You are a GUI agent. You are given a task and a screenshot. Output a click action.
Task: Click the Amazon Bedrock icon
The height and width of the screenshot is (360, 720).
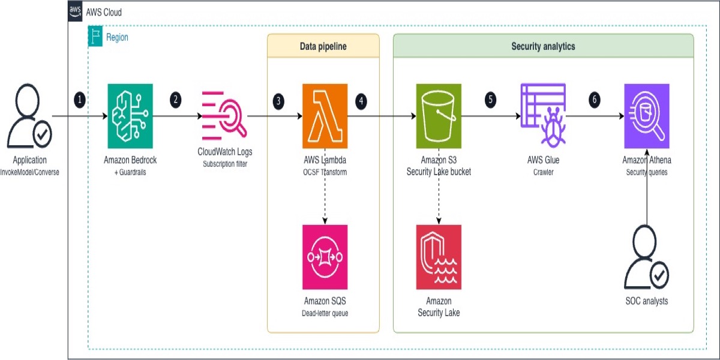(x=130, y=116)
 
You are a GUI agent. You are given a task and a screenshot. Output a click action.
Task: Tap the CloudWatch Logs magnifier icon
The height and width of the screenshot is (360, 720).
(x=224, y=116)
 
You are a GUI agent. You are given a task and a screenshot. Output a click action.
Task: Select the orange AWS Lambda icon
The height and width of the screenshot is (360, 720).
(x=325, y=116)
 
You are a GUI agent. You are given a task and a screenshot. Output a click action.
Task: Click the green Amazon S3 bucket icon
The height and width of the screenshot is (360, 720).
(x=439, y=116)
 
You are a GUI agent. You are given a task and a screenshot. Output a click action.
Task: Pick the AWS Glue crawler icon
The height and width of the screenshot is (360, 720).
(x=543, y=116)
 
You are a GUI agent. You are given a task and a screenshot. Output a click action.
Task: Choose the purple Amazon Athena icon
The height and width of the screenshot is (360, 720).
(x=647, y=116)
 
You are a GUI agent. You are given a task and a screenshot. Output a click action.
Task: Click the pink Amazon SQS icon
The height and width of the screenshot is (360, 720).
(x=325, y=257)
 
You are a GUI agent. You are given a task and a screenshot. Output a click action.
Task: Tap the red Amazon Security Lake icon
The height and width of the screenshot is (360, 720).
(x=439, y=257)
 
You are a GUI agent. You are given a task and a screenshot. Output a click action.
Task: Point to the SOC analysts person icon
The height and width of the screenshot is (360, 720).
(x=646, y=257)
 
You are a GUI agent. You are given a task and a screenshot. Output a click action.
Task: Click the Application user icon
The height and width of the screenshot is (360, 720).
(x=29, y=116)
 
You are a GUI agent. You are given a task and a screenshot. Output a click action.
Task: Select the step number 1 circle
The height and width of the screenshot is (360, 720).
(x=80, y=100)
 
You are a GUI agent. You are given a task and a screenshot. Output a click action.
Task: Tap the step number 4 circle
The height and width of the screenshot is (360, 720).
(x=361, y=101)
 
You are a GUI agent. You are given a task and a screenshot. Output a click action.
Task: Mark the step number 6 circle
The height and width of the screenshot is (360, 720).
(x=595, y=100)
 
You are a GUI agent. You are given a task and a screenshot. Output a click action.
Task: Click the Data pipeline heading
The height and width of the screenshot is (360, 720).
(x=323, y=46)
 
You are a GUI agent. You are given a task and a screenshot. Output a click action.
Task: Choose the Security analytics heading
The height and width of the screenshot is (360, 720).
(x=543, y=46)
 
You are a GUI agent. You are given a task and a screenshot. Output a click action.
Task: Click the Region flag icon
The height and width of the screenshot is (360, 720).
(x=95, y=37)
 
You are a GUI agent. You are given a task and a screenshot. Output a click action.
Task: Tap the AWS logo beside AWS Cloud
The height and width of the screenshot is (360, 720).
(x=75, y=11)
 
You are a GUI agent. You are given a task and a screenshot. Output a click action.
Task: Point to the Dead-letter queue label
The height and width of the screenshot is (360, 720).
(x=325, y=313)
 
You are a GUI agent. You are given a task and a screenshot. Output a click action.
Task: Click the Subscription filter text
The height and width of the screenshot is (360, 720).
(x=225, y=164)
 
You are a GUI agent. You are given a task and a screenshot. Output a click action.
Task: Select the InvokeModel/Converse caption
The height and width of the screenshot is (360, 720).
(x=29, y=172)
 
